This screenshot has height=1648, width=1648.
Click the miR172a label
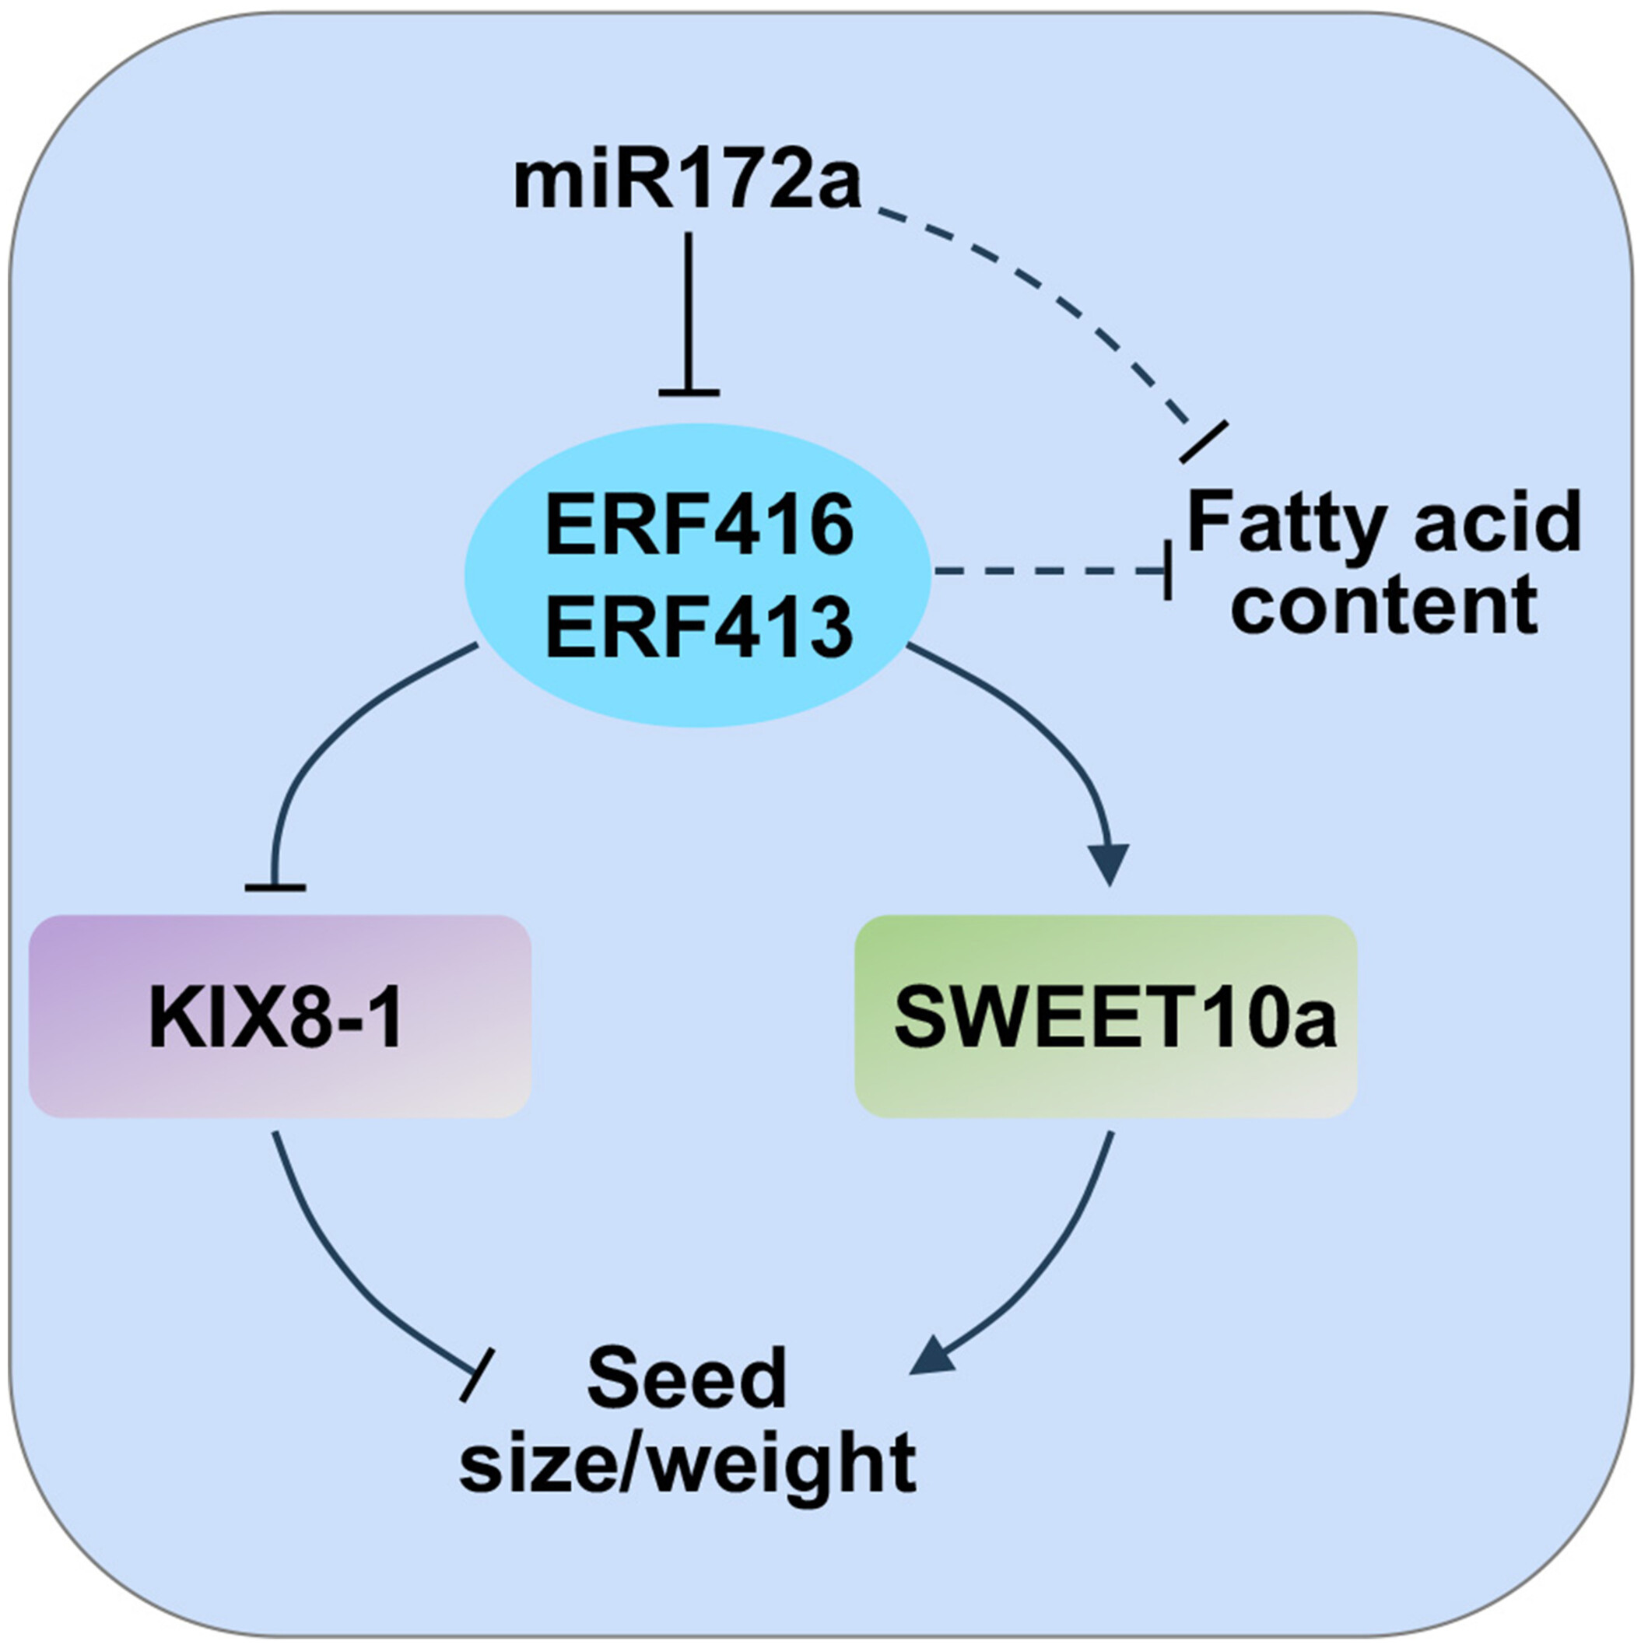click(x=688, y=183)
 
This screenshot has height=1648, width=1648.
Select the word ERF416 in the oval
click(x=700, y=525)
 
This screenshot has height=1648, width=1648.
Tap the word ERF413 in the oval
click(x=700, y=628)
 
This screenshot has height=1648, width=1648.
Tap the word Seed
click(x=688, y=1380)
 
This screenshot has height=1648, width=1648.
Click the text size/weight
click(x=688, y=1464)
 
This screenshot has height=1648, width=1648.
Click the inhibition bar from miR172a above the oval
click(x=689, y=393)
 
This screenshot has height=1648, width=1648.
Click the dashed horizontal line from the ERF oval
click(x=1049, y=573)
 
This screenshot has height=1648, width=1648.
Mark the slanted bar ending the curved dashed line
click(x=1203, y=442)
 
